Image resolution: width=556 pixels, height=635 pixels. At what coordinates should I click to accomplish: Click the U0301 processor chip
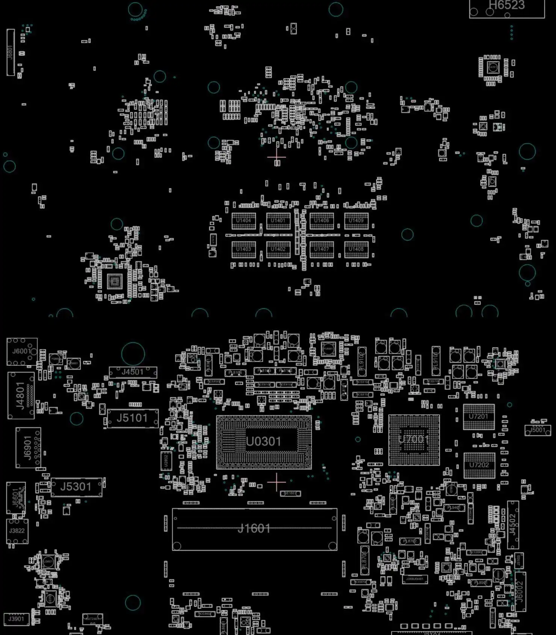264,442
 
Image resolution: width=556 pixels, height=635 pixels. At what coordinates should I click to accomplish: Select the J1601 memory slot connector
254,529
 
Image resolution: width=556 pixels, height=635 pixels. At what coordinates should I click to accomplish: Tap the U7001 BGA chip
414,440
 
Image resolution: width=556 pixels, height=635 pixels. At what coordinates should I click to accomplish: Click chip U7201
479,417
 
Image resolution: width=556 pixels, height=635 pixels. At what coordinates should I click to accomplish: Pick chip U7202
479,465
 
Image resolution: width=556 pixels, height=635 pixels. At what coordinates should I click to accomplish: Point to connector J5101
132,418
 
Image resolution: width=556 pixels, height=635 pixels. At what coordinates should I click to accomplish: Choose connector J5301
76,487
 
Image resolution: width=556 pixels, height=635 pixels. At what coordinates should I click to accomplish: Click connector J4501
133,372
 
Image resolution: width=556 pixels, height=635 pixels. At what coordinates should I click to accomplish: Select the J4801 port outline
21,395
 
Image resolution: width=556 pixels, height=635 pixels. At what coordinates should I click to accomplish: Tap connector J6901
28,448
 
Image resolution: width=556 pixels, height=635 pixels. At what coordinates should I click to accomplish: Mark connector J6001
21,351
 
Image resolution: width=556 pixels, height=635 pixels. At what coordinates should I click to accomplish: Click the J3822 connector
17,531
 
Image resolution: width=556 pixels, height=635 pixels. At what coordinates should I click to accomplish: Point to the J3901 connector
16,619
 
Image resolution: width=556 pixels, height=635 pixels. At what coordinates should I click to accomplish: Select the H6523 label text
506,5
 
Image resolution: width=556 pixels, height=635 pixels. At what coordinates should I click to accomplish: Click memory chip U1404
243,221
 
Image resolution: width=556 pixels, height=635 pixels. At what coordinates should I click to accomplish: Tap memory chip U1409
356,221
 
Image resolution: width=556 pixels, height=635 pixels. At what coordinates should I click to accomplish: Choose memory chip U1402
278,249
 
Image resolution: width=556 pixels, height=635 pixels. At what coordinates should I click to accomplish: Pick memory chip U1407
322,249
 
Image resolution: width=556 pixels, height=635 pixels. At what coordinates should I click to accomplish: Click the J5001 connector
538,430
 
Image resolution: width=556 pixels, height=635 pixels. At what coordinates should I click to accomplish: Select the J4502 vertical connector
513,525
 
